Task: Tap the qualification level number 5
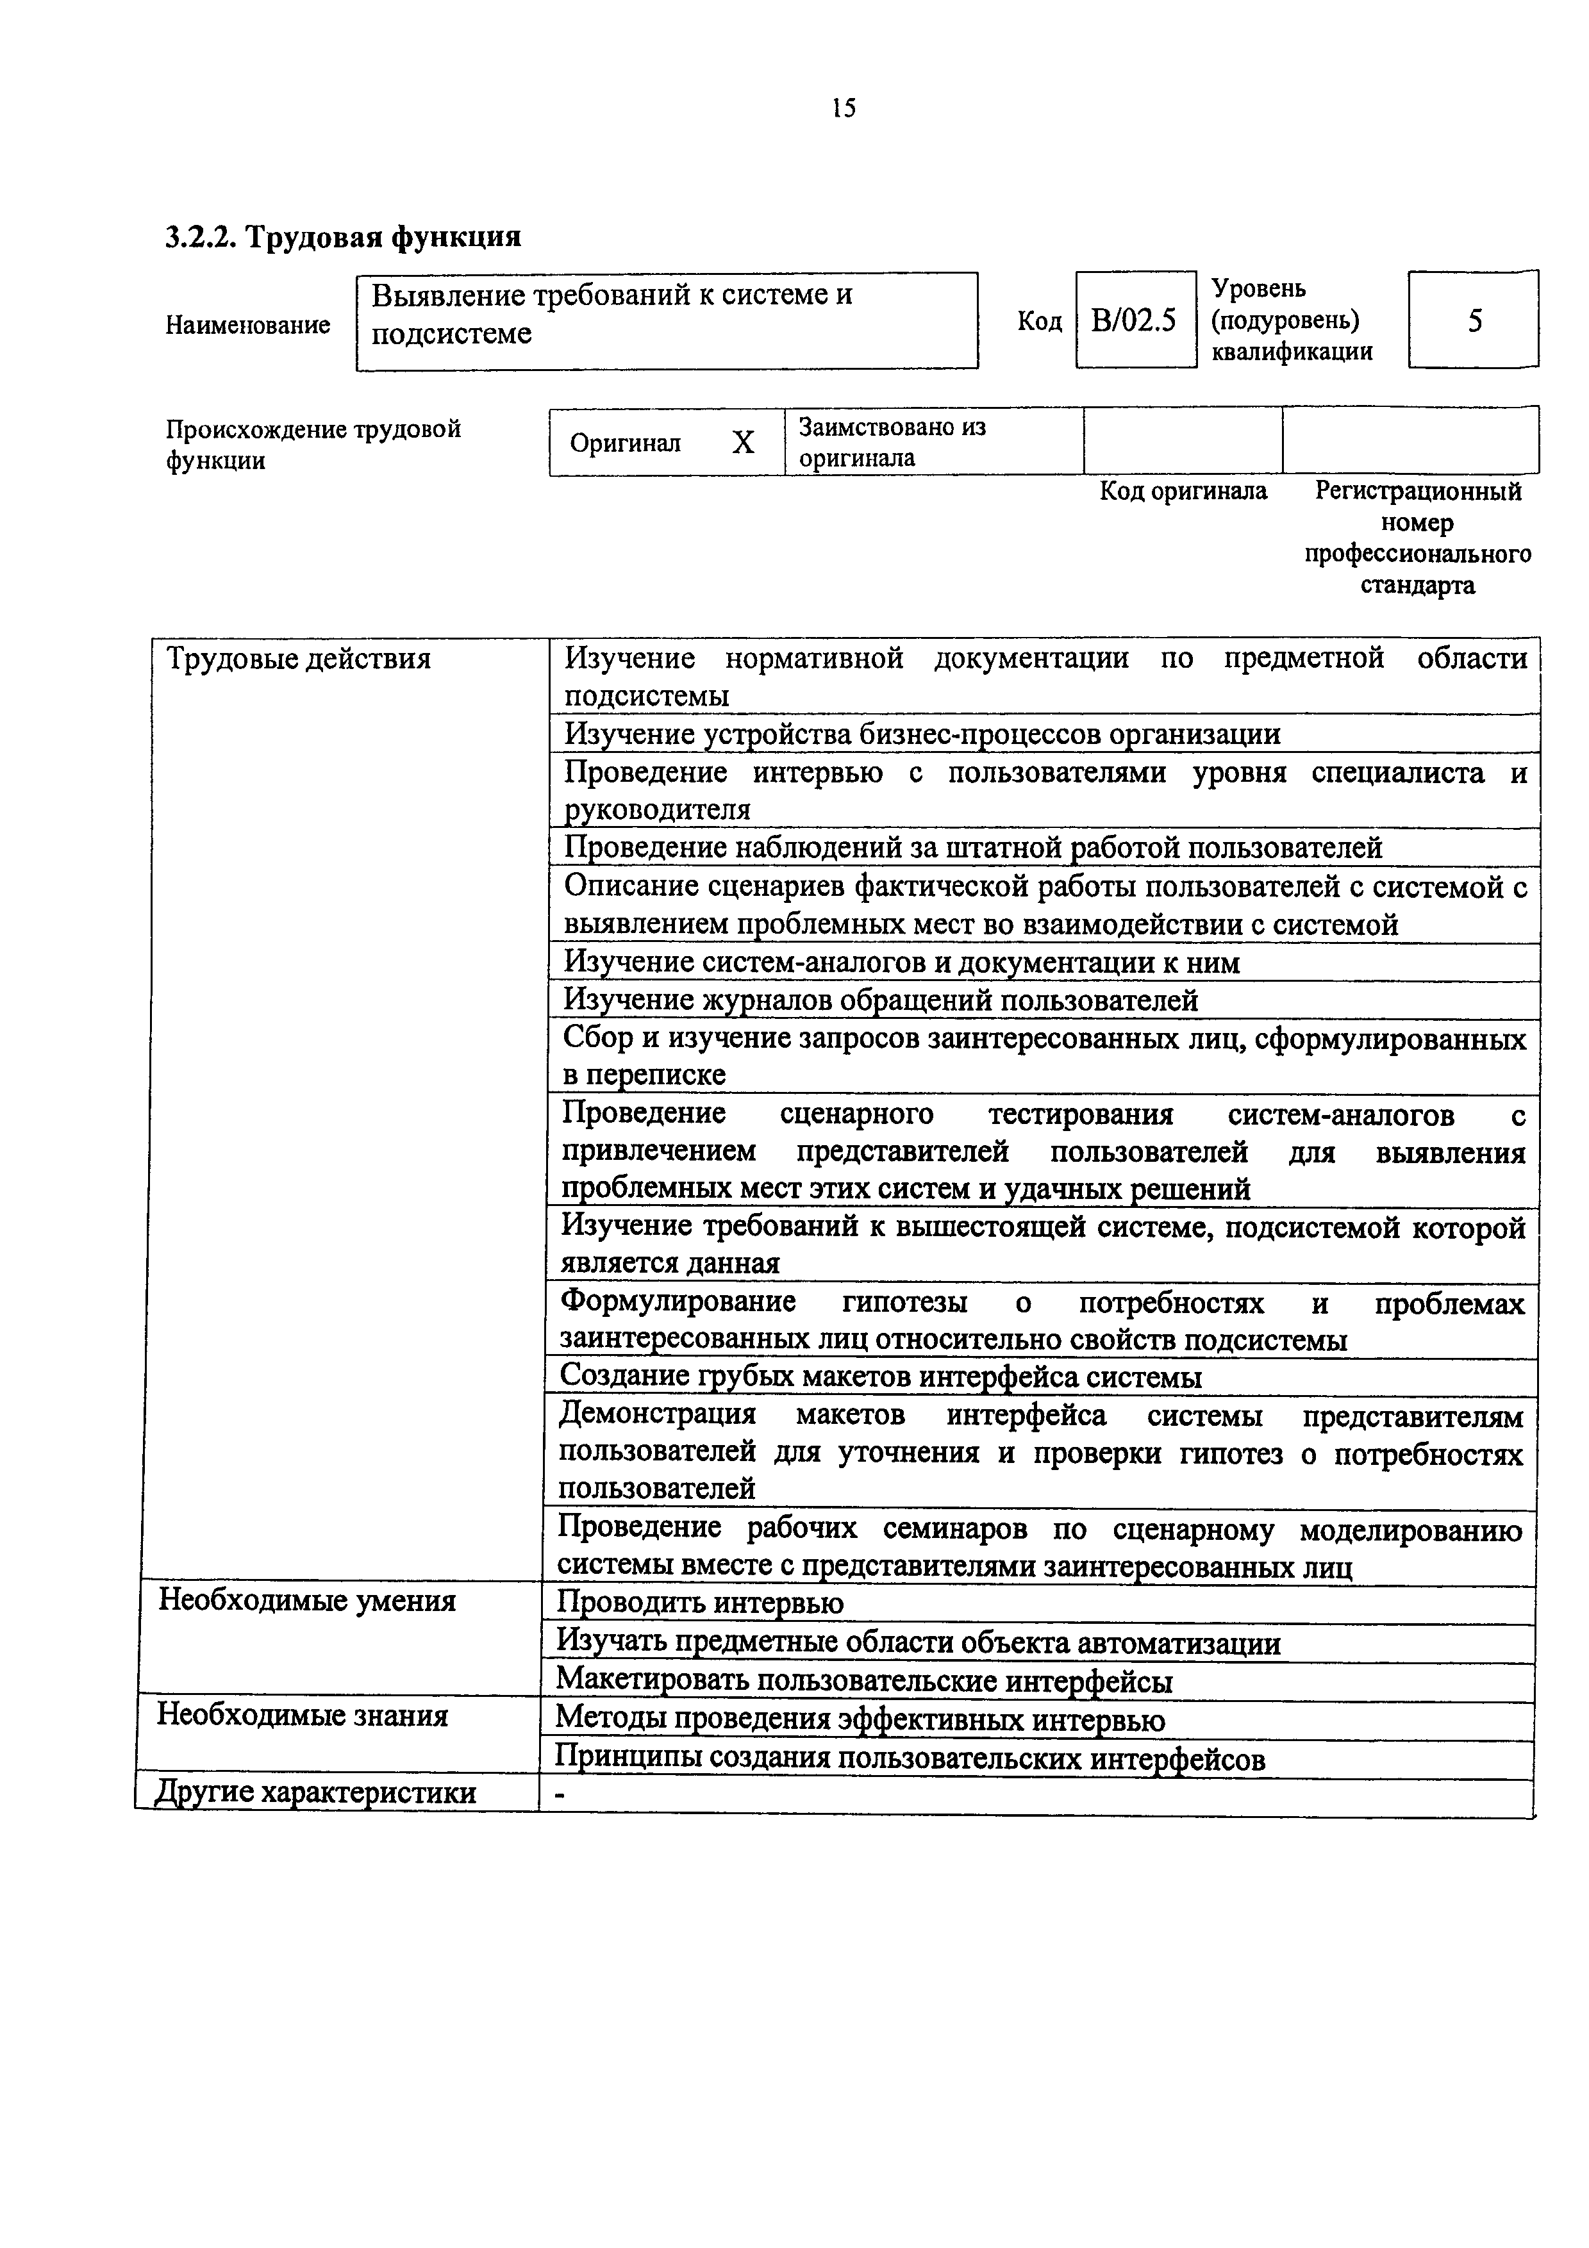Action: tap(1474, 320)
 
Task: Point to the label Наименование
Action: tap(247, 325)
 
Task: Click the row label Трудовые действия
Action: tap(299, 659)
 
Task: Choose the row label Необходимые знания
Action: tap(303, 1715)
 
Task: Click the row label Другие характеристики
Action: tap(315, 1793)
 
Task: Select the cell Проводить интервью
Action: tap(699, 1603)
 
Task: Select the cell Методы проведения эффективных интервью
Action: tap(860, 1720)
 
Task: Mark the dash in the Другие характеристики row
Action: tap(560, 1794)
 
